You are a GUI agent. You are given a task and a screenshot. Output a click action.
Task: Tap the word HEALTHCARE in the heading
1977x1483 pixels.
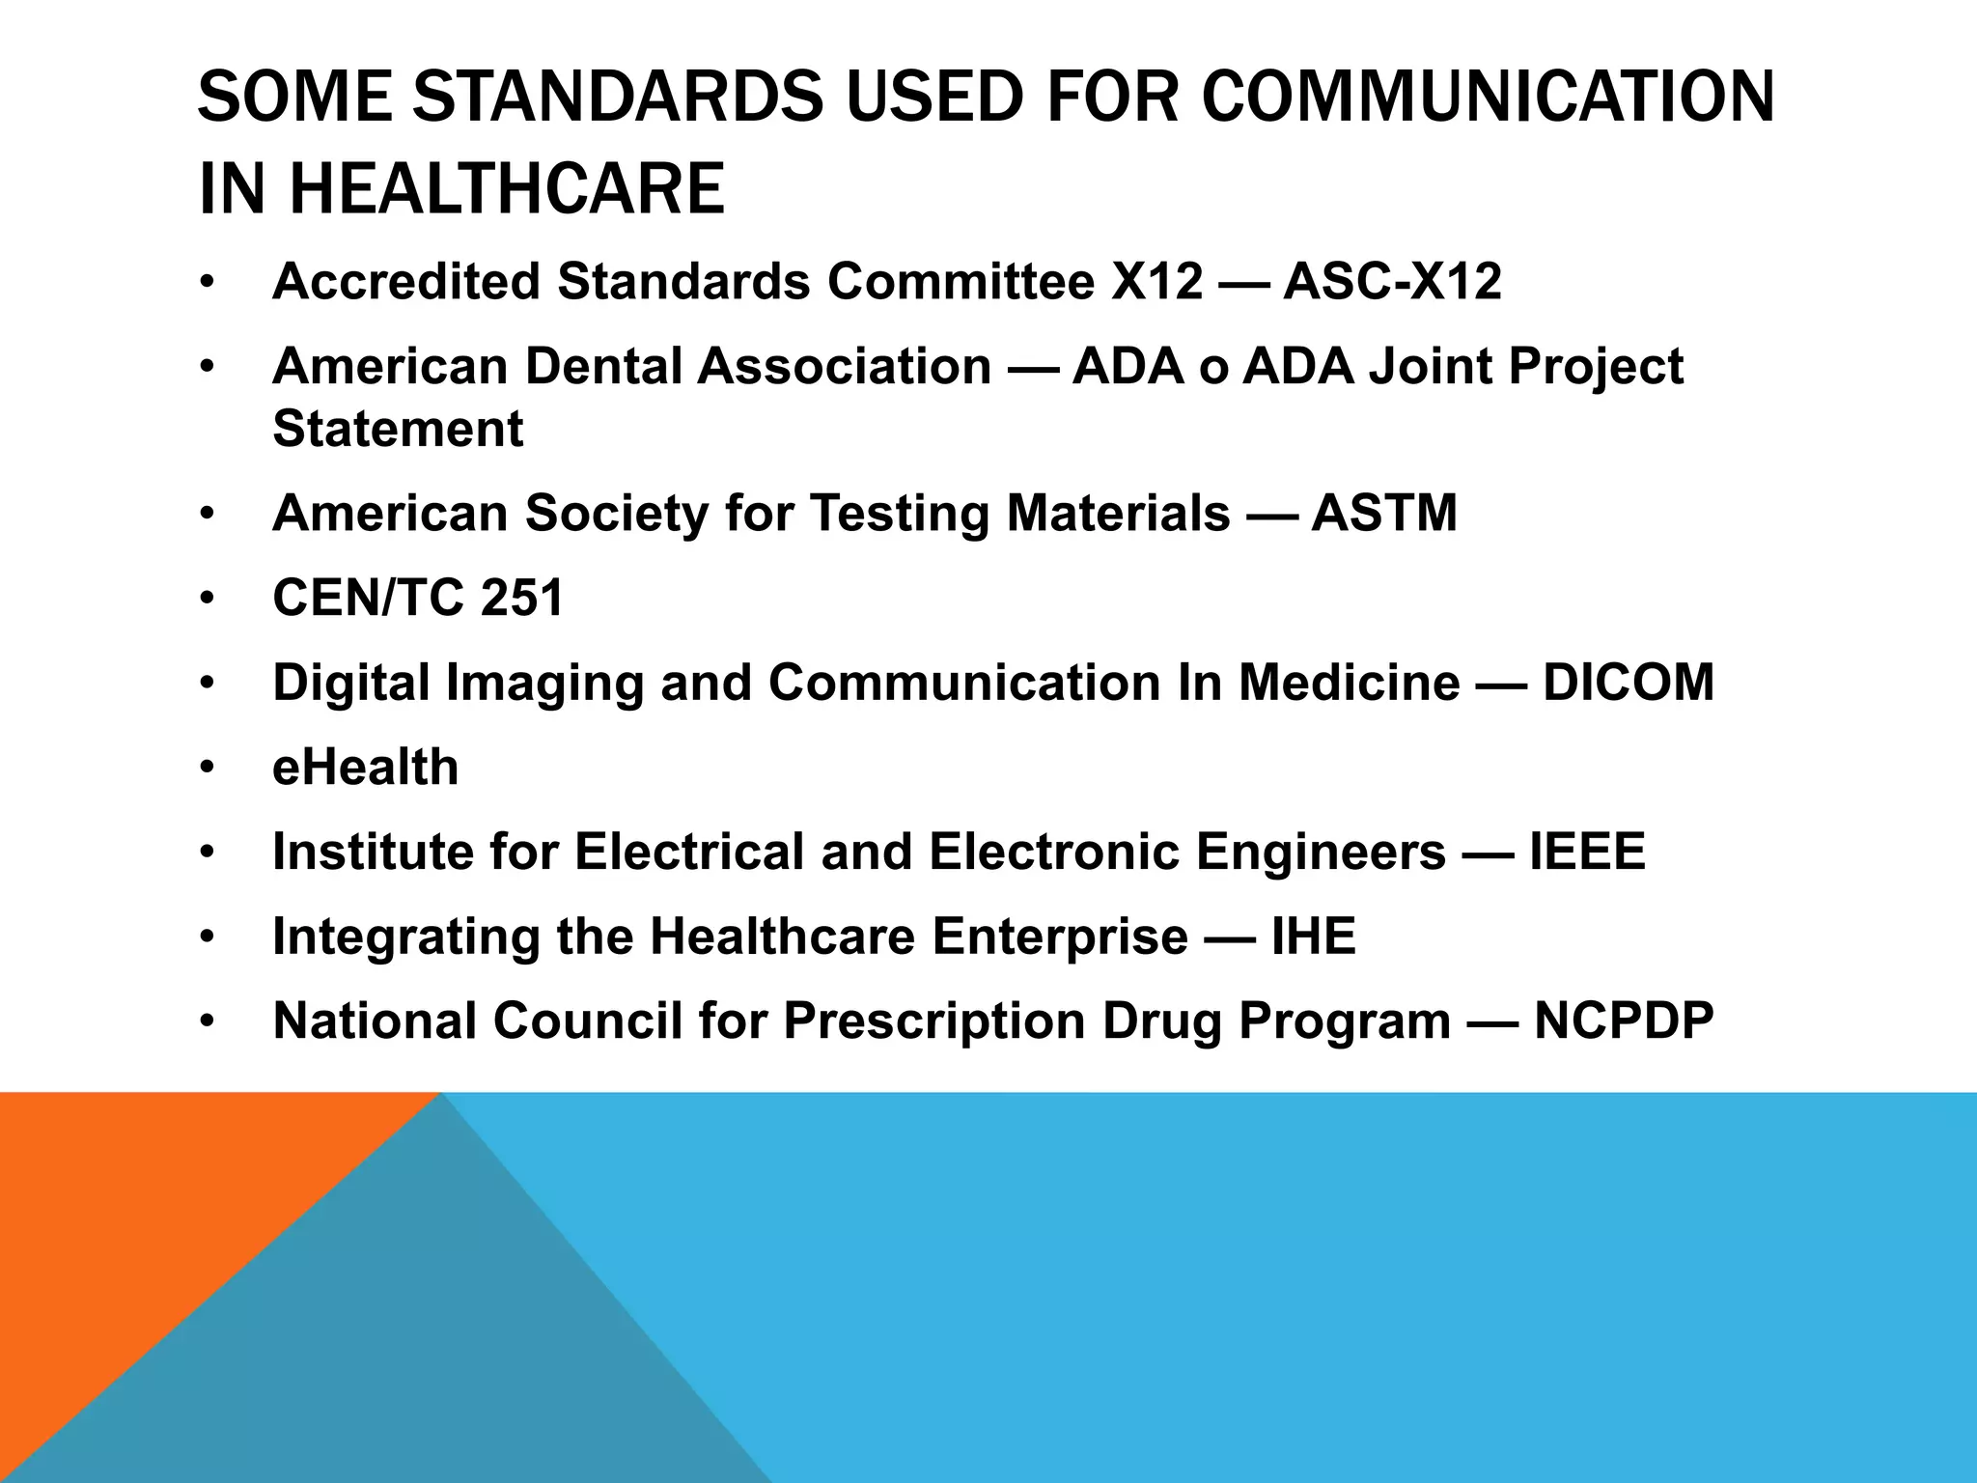[x=507, y=188]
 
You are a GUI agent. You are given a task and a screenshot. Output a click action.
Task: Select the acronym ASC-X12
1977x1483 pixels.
[x=1392, y=282]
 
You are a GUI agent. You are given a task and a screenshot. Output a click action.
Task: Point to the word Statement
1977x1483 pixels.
[x=398, y=429]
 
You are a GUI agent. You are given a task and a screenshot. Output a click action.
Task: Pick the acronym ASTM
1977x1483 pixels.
[x=1384, y=513]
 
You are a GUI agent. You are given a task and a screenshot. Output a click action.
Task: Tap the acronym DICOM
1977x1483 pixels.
[x=1629, y=683]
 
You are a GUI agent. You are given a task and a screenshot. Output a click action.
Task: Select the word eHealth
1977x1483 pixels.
[x=366, y=768]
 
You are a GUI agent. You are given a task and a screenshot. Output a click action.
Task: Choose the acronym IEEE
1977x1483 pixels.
[x=1587, y=852]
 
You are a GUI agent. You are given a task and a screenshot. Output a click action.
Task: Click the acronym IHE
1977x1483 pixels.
[x=1314, y=937]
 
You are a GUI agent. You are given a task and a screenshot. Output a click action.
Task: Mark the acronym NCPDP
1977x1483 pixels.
[x=1624, y=1021]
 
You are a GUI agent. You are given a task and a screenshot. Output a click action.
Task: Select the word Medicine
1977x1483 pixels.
[x=1350, y=683]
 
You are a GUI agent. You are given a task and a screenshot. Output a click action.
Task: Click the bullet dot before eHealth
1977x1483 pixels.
[x=207, y=769]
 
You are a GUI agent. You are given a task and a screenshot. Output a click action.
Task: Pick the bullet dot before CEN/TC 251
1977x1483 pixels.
[x=207, y=599]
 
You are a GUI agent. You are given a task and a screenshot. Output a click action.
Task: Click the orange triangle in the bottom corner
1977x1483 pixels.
[x=145, y=1207]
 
